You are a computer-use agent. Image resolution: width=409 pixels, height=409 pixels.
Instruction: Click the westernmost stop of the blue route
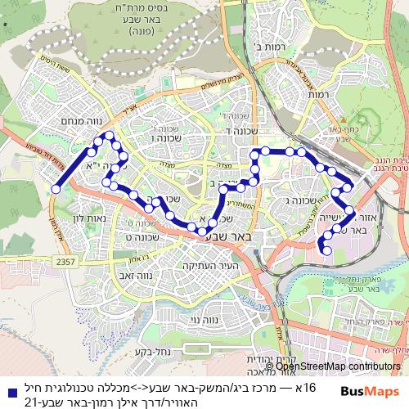tap(56, 189)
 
